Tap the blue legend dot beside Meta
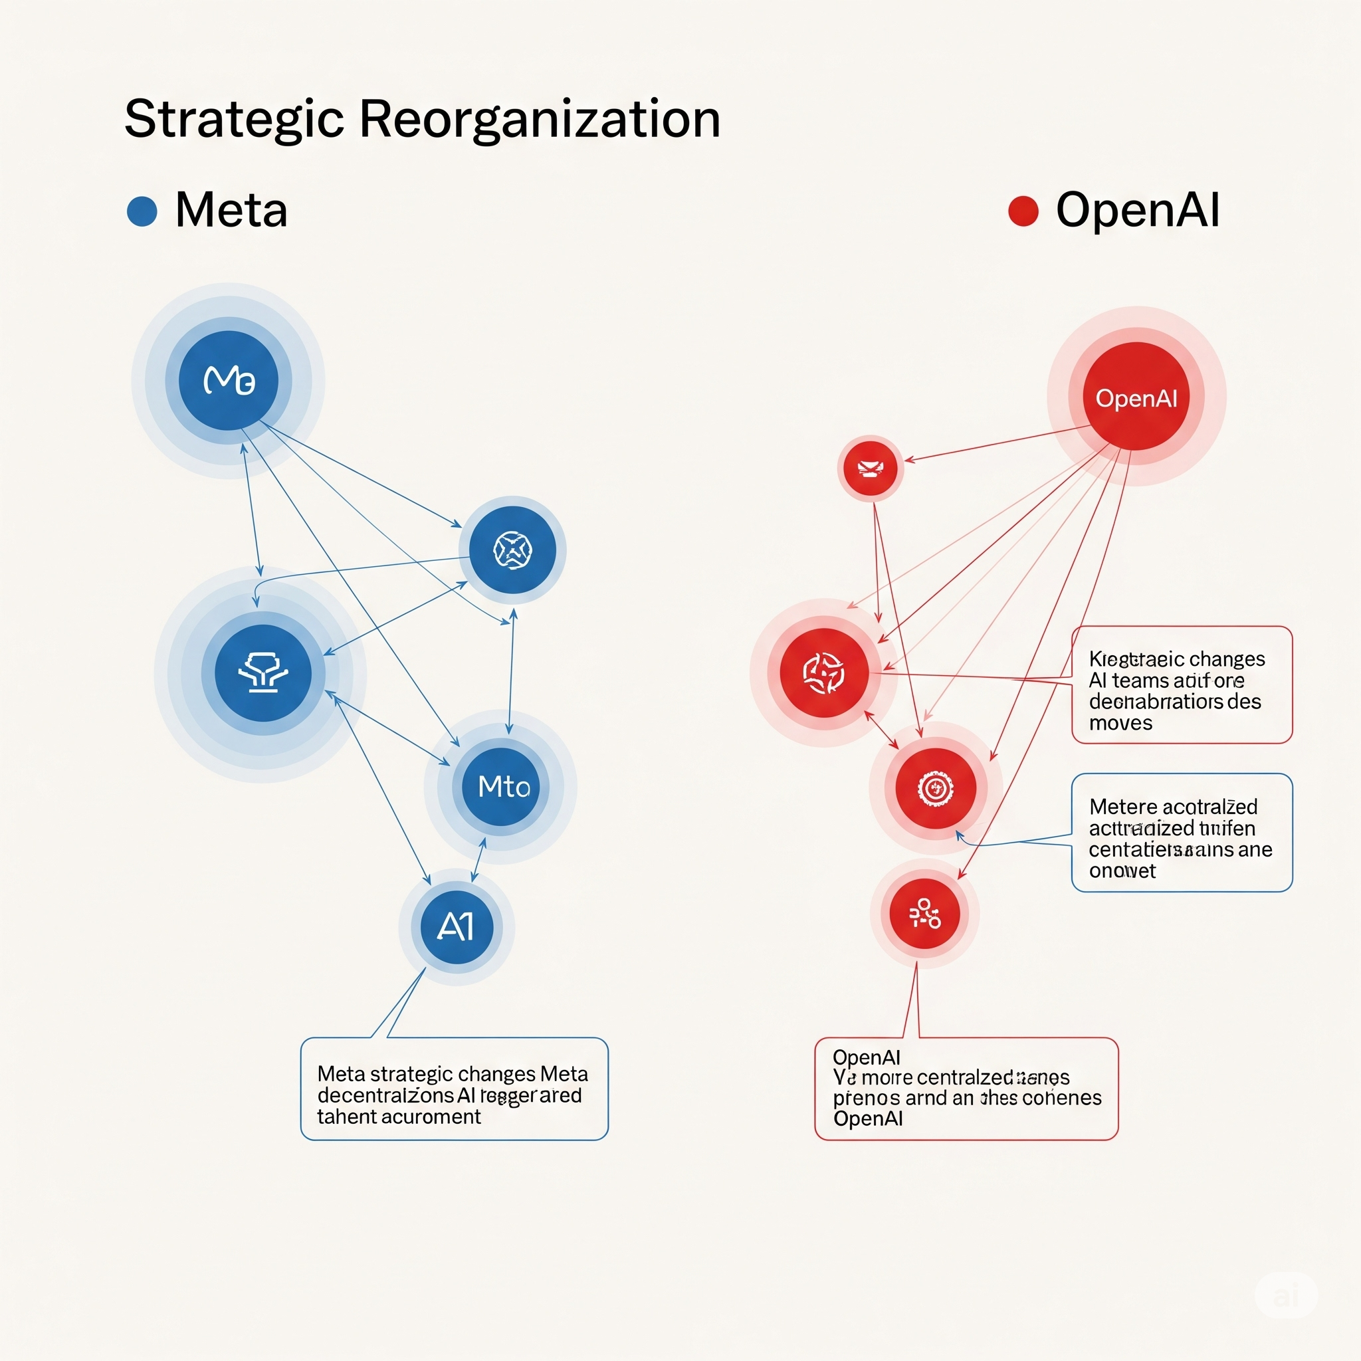click(x=142, y=211)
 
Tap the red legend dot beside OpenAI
click(x=1023, y=211)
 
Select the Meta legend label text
click(x=231, y=210)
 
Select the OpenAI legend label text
click(x=1137, y=210)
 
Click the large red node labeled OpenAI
click(x=1136, y=397)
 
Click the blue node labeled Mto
click(x=501, y=786)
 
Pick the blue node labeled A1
click(x=457, y=927)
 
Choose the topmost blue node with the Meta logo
click(x=228, y=380)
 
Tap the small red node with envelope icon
click(x=871, y=469)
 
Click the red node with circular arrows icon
click(x=823, y=673)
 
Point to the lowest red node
click(x=924, y=914)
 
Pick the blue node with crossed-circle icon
click(x=512, y=550)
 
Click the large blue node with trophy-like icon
click(x=262, y=673)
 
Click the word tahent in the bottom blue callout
click(x=346, y=1117)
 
